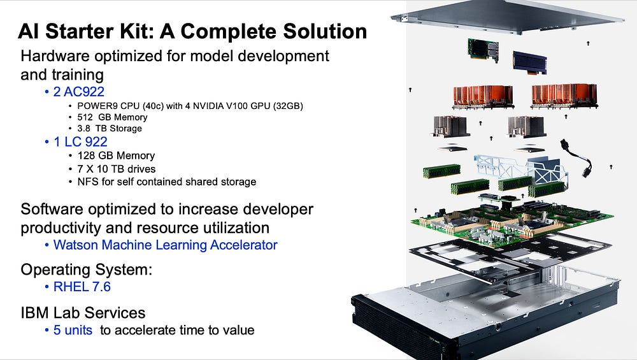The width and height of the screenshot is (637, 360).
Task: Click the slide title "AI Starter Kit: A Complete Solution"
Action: [x=192, y=31]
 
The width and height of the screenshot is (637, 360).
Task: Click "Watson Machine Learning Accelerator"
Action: [x=165, y=245]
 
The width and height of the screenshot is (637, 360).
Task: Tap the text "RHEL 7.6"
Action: [x=82, y=287]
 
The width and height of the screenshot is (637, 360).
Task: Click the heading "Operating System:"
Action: [x=87, y=270]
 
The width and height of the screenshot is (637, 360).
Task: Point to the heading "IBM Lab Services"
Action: [x=83, y=313]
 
